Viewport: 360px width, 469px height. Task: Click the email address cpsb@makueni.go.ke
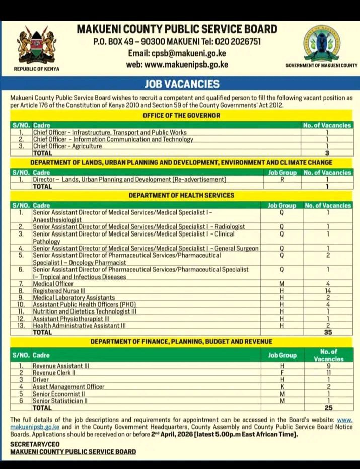click(x=177, y=53)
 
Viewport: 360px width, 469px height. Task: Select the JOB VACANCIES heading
click(x=182, y=84)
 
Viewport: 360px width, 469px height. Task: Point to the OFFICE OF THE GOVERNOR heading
click(x=181, y=116)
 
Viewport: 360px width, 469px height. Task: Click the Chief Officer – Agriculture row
click(x=67, y=146)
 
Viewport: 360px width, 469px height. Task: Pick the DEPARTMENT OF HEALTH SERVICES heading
click(x=181, y=195)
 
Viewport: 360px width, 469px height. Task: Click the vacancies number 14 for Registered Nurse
click(x=327, y=291)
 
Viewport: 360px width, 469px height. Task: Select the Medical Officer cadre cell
click(x=53, y=284)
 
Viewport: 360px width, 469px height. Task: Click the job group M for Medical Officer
click(x=282, y=284)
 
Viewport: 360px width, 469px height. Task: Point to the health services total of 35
click(x=327, y=333)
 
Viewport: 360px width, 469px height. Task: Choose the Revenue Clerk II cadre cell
click(x=54, y=373)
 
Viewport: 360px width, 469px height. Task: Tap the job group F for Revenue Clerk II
click(x=282, y=373)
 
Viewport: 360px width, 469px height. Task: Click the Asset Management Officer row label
click(x=68, y=387)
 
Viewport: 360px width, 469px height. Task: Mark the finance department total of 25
click(x=328, y=408)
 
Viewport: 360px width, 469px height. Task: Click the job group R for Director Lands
click(x=282, y=179)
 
